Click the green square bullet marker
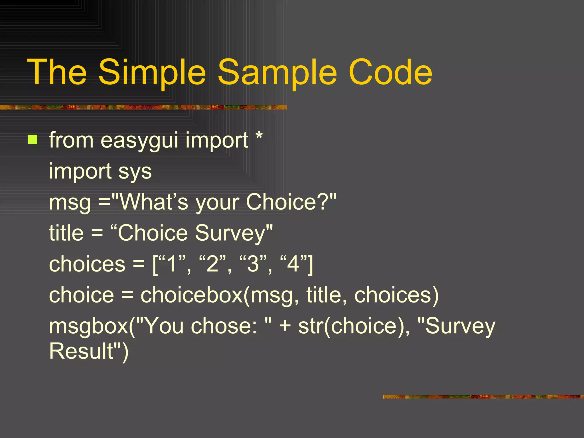click(x=33, y=140)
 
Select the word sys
click(x=135, y=172)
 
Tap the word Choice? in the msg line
click(x=291, y=202)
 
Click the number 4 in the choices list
click(x=293, y=264)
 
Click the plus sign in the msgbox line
click(x=285, y=326)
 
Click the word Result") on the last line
click(x=89, y=351)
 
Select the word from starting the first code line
click(x=71, y=140)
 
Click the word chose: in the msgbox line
click(x=224, y=326)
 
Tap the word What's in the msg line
click(x=154, y=202)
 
